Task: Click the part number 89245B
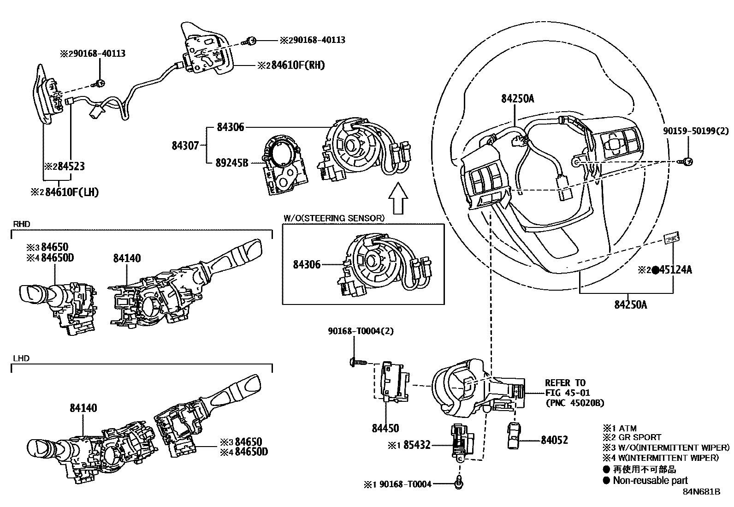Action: (232, 163)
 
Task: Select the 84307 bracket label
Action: (185, 145)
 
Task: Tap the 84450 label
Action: (385, 428)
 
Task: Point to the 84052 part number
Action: (554, 440)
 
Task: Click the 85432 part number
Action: (417, 445)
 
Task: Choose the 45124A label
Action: (675, 269)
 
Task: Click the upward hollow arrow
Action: (398, 198)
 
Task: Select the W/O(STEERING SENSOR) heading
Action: (334, 218)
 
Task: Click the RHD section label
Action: (21, 224)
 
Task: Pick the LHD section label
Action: (21, 358)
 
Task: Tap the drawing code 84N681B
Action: (702, 492)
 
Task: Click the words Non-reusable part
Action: (650, 480)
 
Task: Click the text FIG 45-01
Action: (568, 393)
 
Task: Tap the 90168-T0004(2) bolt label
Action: (361, 331)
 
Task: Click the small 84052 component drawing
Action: (514, 436)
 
